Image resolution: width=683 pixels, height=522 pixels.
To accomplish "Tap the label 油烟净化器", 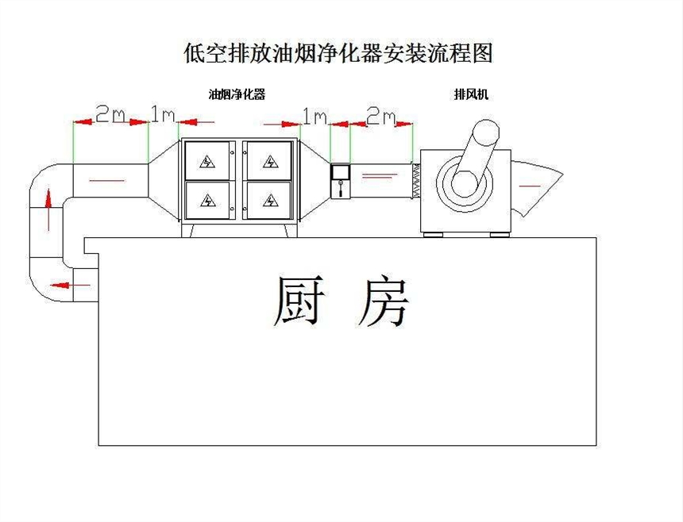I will pyautogui.click(x=237, y=94).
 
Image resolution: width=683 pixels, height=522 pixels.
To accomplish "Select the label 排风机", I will pyautogui.click(x=471, y=94).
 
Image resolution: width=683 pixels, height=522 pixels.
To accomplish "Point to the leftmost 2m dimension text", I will pyautogui.click(x=110, y=115).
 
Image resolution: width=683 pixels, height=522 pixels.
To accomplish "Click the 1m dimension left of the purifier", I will pyautogui.click(x=163, y=115).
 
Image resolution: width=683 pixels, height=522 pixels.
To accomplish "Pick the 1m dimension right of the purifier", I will pyautogui.click(x=314, y=117).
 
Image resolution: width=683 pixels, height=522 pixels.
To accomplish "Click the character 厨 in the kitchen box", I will pyautogui.click(x=299, y=301).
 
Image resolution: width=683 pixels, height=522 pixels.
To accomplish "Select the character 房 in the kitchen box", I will pyautogui.click(x=383, y=301).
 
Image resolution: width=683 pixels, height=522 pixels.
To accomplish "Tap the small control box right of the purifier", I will pyautogui.click(x=341, y=181).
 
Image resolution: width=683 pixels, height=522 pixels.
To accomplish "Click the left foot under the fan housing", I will pyautogui.click(x=433, y=233).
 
